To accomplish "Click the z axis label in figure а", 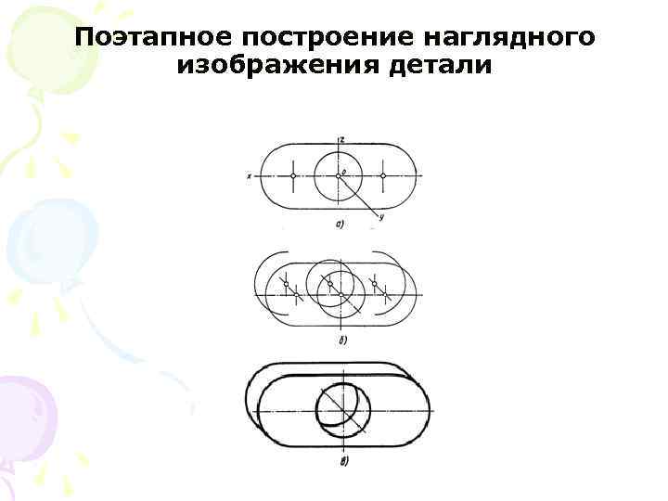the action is pos(343,139).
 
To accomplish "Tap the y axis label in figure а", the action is pos(381,217).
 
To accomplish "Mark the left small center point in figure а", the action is pos(293,175).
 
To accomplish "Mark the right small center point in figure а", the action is pos(383,175).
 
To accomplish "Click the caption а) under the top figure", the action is pos(340,224).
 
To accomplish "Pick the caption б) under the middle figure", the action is pos(341,341).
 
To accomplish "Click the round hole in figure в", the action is pos(341,408).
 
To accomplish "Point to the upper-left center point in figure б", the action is pos(286,282).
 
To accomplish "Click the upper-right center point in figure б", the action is pos(374,282).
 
